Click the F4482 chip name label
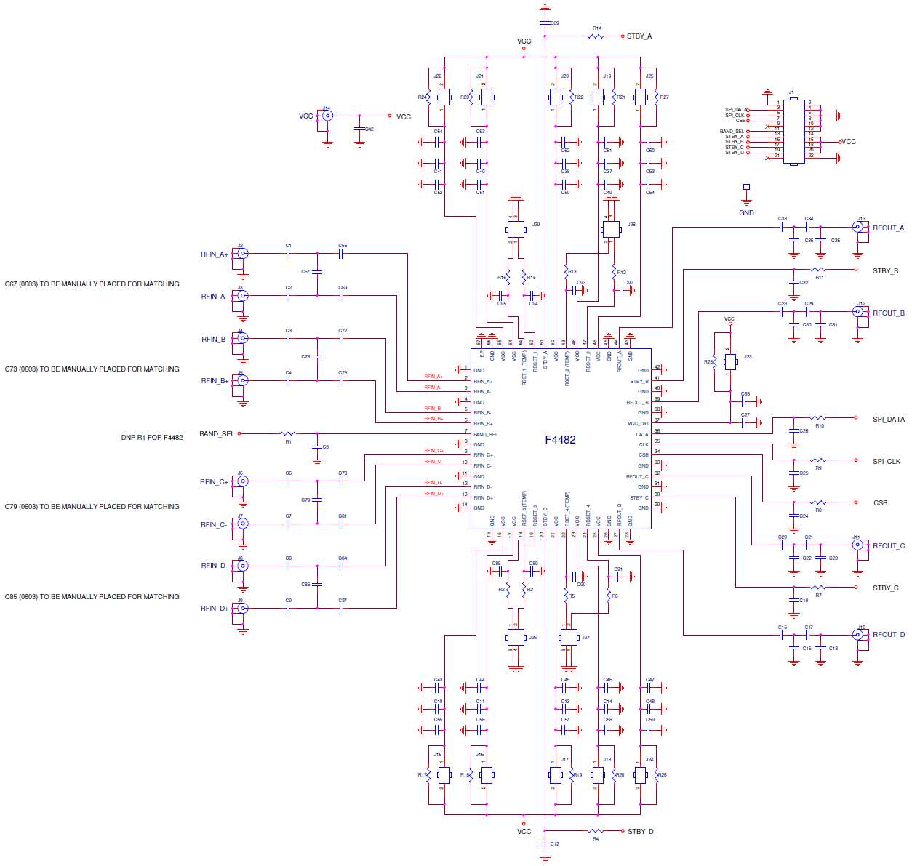click(560, 440)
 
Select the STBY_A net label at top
click(639, 36)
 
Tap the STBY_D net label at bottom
click(640, 831)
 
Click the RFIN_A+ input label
click(215, 254)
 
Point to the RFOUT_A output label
click(888, 228)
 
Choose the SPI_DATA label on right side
click(888, 419)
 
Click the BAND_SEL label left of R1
click(217, 433)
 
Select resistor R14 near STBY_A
click(596, 35)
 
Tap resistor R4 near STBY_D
click(596, 830)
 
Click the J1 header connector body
click(793, 131)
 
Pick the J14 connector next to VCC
click(328, 116)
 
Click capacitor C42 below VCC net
click(359, 129)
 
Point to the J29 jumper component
click(516, 229)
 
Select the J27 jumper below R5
click(569, 638)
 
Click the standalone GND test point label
click(746, 212)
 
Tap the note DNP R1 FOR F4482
click(151, 438)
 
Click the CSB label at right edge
click(880, 502)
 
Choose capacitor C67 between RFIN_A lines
click(317, 271)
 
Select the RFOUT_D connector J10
click(860, 634)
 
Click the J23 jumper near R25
click(730, 361)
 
